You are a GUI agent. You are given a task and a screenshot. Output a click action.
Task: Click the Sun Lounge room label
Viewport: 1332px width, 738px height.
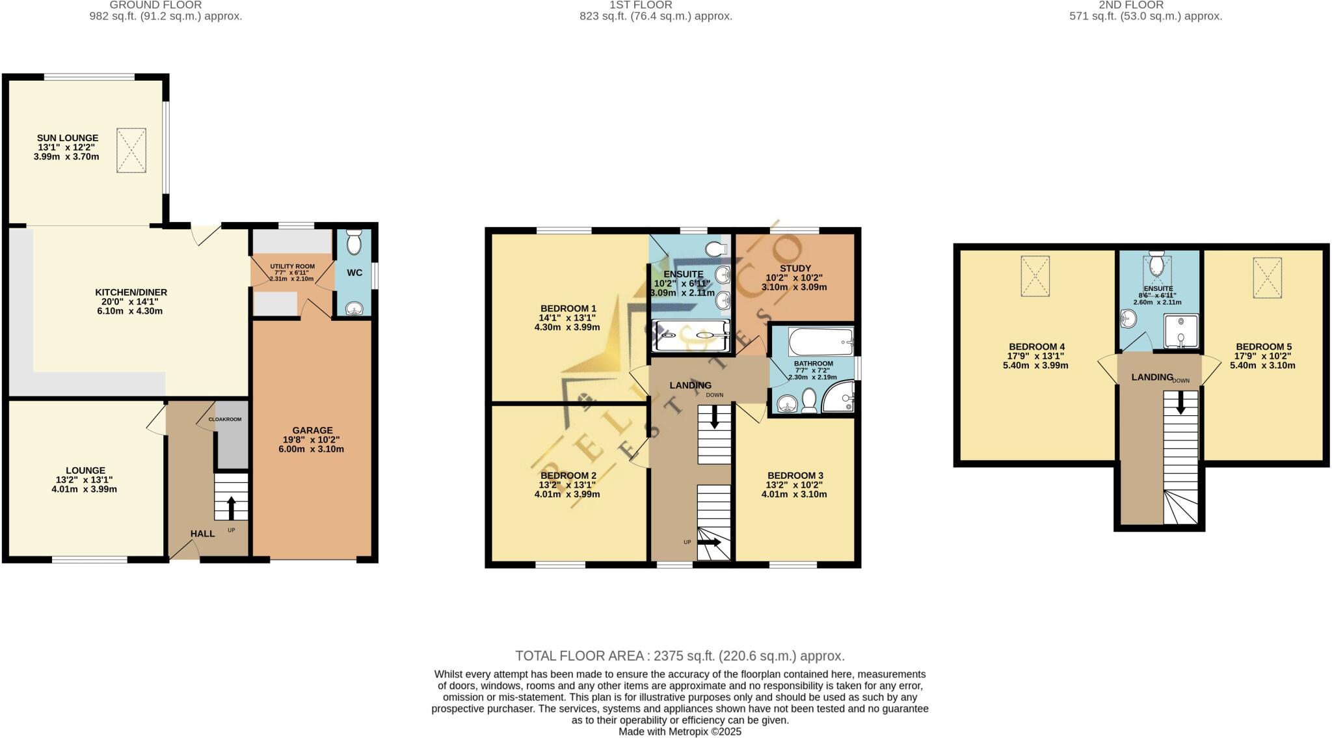pos(68,138)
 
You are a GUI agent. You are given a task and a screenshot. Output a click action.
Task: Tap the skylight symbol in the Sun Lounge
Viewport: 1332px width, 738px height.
pos(131,150)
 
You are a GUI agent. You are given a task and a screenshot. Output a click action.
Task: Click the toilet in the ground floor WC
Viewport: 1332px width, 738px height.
pos(354,243)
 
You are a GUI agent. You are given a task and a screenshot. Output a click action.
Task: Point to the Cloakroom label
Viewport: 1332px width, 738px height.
pos(224,419)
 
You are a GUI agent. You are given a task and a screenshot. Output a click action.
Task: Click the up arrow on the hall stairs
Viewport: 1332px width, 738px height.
pos(232,507)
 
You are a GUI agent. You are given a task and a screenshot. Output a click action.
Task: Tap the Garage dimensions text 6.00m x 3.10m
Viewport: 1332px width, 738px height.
pos(312,449)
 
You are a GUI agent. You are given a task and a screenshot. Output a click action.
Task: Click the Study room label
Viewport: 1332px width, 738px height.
pos(795,268)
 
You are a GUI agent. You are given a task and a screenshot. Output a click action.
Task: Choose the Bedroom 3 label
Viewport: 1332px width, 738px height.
pos(794,475)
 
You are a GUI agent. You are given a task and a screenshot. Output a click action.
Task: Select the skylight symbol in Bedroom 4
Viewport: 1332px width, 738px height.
pos(1035,277)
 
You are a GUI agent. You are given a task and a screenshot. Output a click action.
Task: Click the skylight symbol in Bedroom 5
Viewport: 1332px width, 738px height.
pos(1267,278)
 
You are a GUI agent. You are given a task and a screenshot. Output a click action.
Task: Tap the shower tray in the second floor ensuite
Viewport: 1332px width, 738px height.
pos(1180,332)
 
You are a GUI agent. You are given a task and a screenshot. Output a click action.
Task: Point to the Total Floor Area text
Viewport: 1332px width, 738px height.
pos(680,655)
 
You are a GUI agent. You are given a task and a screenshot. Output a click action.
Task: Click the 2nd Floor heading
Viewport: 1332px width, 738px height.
pos(1145,5)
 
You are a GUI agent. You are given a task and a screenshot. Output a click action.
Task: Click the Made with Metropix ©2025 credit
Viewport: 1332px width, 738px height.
pos(680,731)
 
